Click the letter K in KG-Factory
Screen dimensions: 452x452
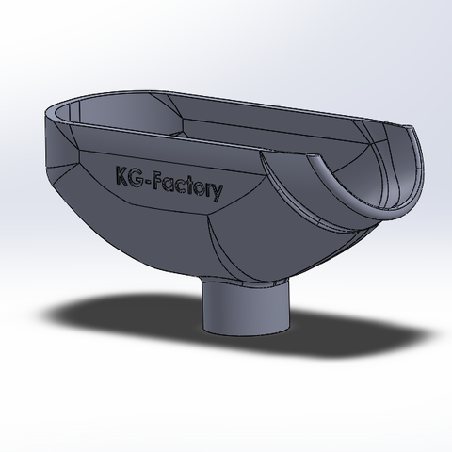click(121, 175)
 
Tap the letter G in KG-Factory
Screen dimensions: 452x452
click(136, 178)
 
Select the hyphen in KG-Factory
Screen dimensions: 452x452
click(148, 182)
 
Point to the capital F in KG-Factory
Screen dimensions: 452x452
click(158, 182)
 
